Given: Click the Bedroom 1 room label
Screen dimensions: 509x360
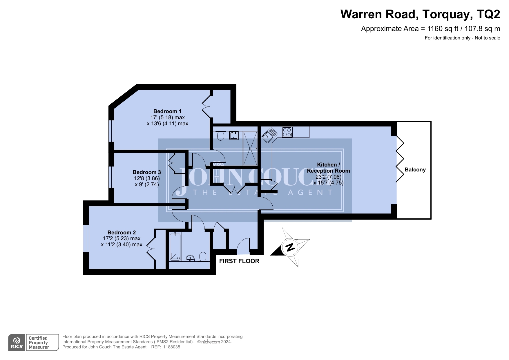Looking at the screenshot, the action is [167, 111].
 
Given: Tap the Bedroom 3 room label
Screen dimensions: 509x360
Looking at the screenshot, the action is [147, 172].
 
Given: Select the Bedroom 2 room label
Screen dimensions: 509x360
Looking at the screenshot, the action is [122, 232].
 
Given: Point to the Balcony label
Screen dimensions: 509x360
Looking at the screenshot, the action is [415, 170].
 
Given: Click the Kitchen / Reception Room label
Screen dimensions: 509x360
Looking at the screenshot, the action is [328, 168].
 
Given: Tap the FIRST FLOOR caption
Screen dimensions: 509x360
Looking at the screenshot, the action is [239, 261].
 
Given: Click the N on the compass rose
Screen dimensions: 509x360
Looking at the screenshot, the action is [290, 247].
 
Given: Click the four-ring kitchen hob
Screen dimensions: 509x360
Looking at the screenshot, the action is [287, 132].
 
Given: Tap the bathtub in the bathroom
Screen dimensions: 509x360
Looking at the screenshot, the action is [175, 247].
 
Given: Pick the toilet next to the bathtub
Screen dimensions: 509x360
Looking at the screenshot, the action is [203, 256].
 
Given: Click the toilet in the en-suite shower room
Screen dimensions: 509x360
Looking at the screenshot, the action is [220, 135].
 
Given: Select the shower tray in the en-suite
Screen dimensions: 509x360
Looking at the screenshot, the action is [250, 148].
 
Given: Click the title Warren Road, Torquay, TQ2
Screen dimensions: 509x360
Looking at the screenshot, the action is [420, 14].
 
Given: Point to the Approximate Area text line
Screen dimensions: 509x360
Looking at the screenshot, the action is [430, 29].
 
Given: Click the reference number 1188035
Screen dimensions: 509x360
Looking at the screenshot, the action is [172, 347].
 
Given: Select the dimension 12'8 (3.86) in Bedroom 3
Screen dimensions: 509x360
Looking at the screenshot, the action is [147, 178].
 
